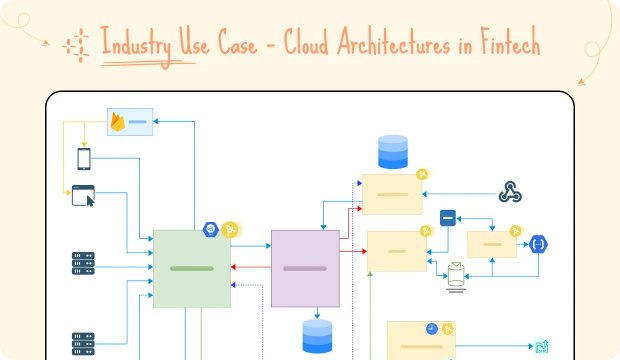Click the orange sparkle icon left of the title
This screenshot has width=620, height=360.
(x=73, y=44)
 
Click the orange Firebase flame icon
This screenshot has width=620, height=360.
(x=119, y=122)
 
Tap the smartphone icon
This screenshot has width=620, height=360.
(x=85, y=158)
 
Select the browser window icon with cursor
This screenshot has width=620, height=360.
(x=83, y=196)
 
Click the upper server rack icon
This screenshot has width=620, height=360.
(x=83, y=263)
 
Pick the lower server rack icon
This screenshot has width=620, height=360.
(x=83, y=343)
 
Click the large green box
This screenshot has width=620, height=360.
(x=191, y=268)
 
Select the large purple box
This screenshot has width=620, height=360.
(x=305, y=268)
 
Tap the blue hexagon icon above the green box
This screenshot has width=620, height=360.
(x=211, y=229)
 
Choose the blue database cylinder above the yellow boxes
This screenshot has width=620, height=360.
(x=393, y=151)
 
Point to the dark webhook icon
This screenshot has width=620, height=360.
(x=512, y=192)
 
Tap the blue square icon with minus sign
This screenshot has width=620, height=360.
(x=448, y=217)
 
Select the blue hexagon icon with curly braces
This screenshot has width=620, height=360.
(x=539, y=243)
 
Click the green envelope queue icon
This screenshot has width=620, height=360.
(x=456, y=273)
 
